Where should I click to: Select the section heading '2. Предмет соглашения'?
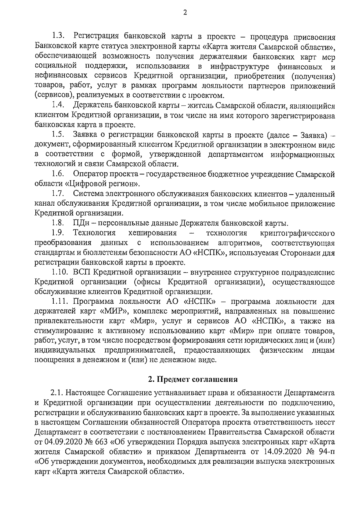(193, 379)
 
